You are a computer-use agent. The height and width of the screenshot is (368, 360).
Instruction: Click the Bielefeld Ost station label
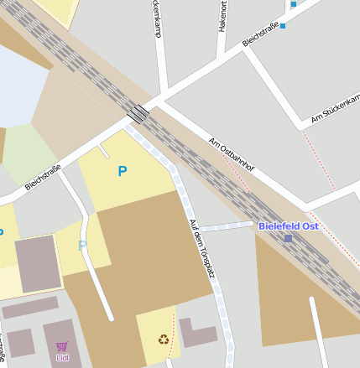pos(288,226)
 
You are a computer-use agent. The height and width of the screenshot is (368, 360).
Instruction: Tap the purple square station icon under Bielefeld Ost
pos(288,238)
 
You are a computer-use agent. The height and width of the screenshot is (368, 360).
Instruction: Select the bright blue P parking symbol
pos(123,171)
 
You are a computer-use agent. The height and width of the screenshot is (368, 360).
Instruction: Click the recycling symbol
pos(163,339)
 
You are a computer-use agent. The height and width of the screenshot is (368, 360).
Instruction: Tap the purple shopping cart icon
pos(62,346)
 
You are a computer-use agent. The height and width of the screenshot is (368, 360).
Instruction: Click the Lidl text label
pos(62,358)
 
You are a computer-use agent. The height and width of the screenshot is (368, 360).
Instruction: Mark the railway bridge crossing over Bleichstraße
pos(138,113)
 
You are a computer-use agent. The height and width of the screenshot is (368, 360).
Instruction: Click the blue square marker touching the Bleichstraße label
pos(283,26)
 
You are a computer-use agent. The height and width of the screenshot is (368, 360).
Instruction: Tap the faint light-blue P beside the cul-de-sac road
pos(82,246)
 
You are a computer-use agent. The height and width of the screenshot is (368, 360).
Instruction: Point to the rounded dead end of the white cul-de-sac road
pos(110,318)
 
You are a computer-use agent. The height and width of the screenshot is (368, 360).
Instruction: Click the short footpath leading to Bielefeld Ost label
pos(226,226)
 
